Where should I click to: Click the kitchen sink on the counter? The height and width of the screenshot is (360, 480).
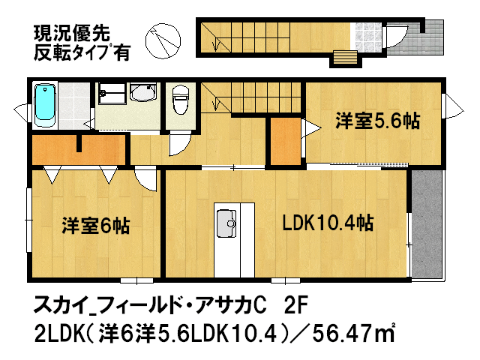coord(226,221)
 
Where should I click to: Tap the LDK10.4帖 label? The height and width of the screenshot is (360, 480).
coord(328,223)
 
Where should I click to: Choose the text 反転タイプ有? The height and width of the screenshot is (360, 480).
coord(80,52)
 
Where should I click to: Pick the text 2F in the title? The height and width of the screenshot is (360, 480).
coord(296,305)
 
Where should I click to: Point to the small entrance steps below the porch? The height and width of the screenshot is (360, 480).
coord(345,58)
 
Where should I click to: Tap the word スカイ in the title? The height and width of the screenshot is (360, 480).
coord(59,306)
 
